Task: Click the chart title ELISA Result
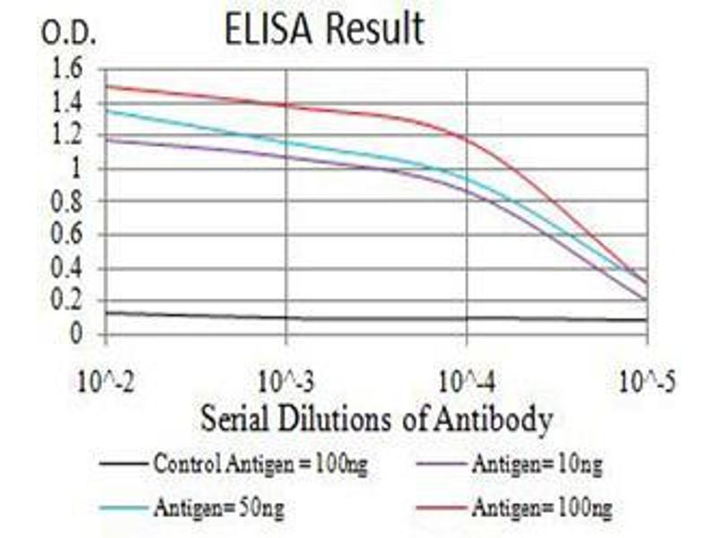[325, 30]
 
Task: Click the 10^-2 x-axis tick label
[106, 384]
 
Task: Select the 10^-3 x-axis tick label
[286, 384]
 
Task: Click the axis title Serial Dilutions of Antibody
[376, 418]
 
